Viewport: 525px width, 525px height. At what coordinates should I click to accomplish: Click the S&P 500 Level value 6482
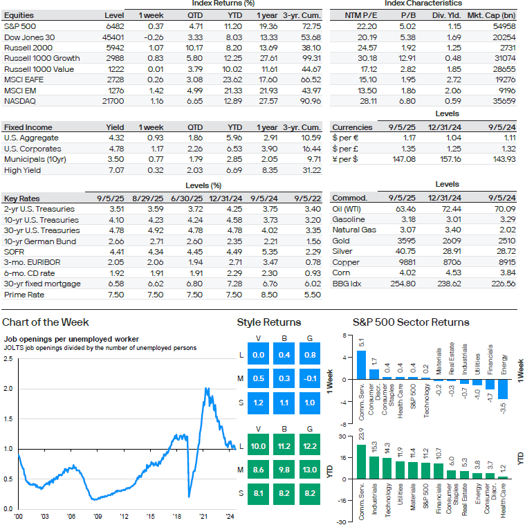point(115,26)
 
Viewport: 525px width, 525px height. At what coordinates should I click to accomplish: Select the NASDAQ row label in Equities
point(20,101)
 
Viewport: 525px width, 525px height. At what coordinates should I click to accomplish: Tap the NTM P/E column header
point(361,15)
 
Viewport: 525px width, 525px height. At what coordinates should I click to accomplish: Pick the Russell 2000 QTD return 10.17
point(194,48)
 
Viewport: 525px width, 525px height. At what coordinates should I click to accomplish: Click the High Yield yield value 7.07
point(116,170)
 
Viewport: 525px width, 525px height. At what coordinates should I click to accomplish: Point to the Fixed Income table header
point(28,127)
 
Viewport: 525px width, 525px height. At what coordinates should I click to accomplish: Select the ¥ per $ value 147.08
point(404,159)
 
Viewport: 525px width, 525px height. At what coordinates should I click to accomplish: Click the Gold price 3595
point(407,241)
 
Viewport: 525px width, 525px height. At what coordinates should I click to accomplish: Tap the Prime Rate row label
point(24,295)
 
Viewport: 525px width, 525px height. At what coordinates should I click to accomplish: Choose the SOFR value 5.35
point(270,252)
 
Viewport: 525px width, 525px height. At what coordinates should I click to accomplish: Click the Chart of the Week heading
point(46,322)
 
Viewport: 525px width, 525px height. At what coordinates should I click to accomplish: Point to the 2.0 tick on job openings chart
point(8,389)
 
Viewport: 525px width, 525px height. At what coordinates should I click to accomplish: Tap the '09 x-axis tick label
point(98,516)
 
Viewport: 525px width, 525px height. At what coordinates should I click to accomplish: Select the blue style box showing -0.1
point(310,378)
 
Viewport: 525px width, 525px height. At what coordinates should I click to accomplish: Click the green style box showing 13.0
point(310,470)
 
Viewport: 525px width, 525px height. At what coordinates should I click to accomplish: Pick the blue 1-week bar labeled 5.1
point(361,365)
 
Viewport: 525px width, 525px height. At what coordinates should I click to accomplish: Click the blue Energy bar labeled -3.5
point(503,389)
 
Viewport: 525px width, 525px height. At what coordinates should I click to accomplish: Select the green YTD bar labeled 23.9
point(361,462)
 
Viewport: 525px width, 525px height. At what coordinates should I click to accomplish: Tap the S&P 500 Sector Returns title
point(411,322)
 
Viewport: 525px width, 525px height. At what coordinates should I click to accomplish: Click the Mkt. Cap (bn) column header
point(492,15)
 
